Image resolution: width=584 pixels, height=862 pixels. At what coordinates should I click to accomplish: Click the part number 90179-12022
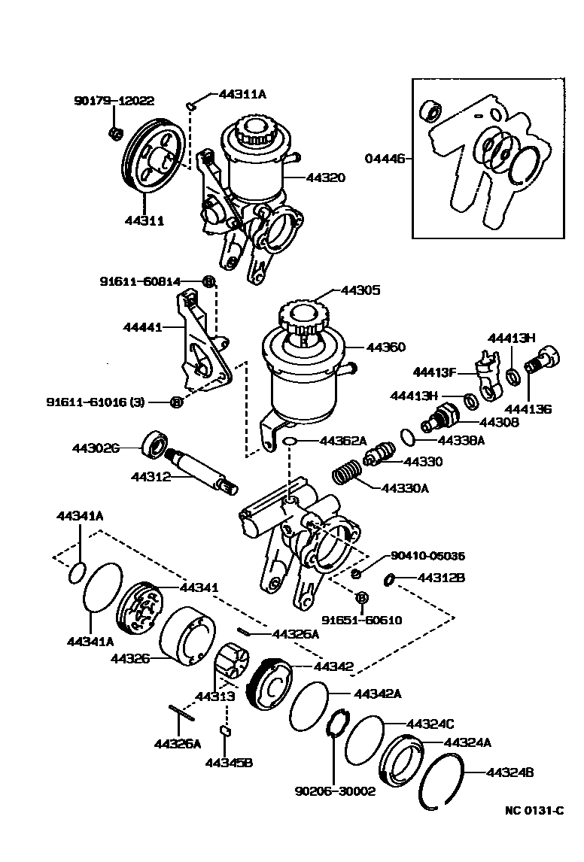[114, 100]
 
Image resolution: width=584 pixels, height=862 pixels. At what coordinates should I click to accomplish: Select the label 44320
[325, 178]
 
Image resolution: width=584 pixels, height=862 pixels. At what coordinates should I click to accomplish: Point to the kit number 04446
[385, 159]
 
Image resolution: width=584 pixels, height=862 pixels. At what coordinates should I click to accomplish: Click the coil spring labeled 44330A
[347, 476]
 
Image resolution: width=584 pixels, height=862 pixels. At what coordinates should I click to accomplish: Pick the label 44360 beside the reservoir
[385, 347]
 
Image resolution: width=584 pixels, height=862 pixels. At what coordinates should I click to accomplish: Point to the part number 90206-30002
[335, 791]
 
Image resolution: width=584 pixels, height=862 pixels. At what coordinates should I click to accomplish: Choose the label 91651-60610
[362, 621]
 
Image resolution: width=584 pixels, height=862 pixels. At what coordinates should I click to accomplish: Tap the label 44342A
[377, 693]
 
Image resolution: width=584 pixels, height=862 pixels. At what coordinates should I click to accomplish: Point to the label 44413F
[435, 371]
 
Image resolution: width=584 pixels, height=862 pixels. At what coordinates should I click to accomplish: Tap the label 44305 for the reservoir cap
[361, 290]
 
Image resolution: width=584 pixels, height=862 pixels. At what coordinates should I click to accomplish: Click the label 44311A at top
[242, 94]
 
